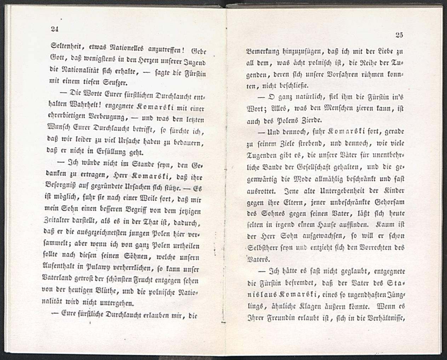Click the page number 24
55,29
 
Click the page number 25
399,34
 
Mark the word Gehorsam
386,202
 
